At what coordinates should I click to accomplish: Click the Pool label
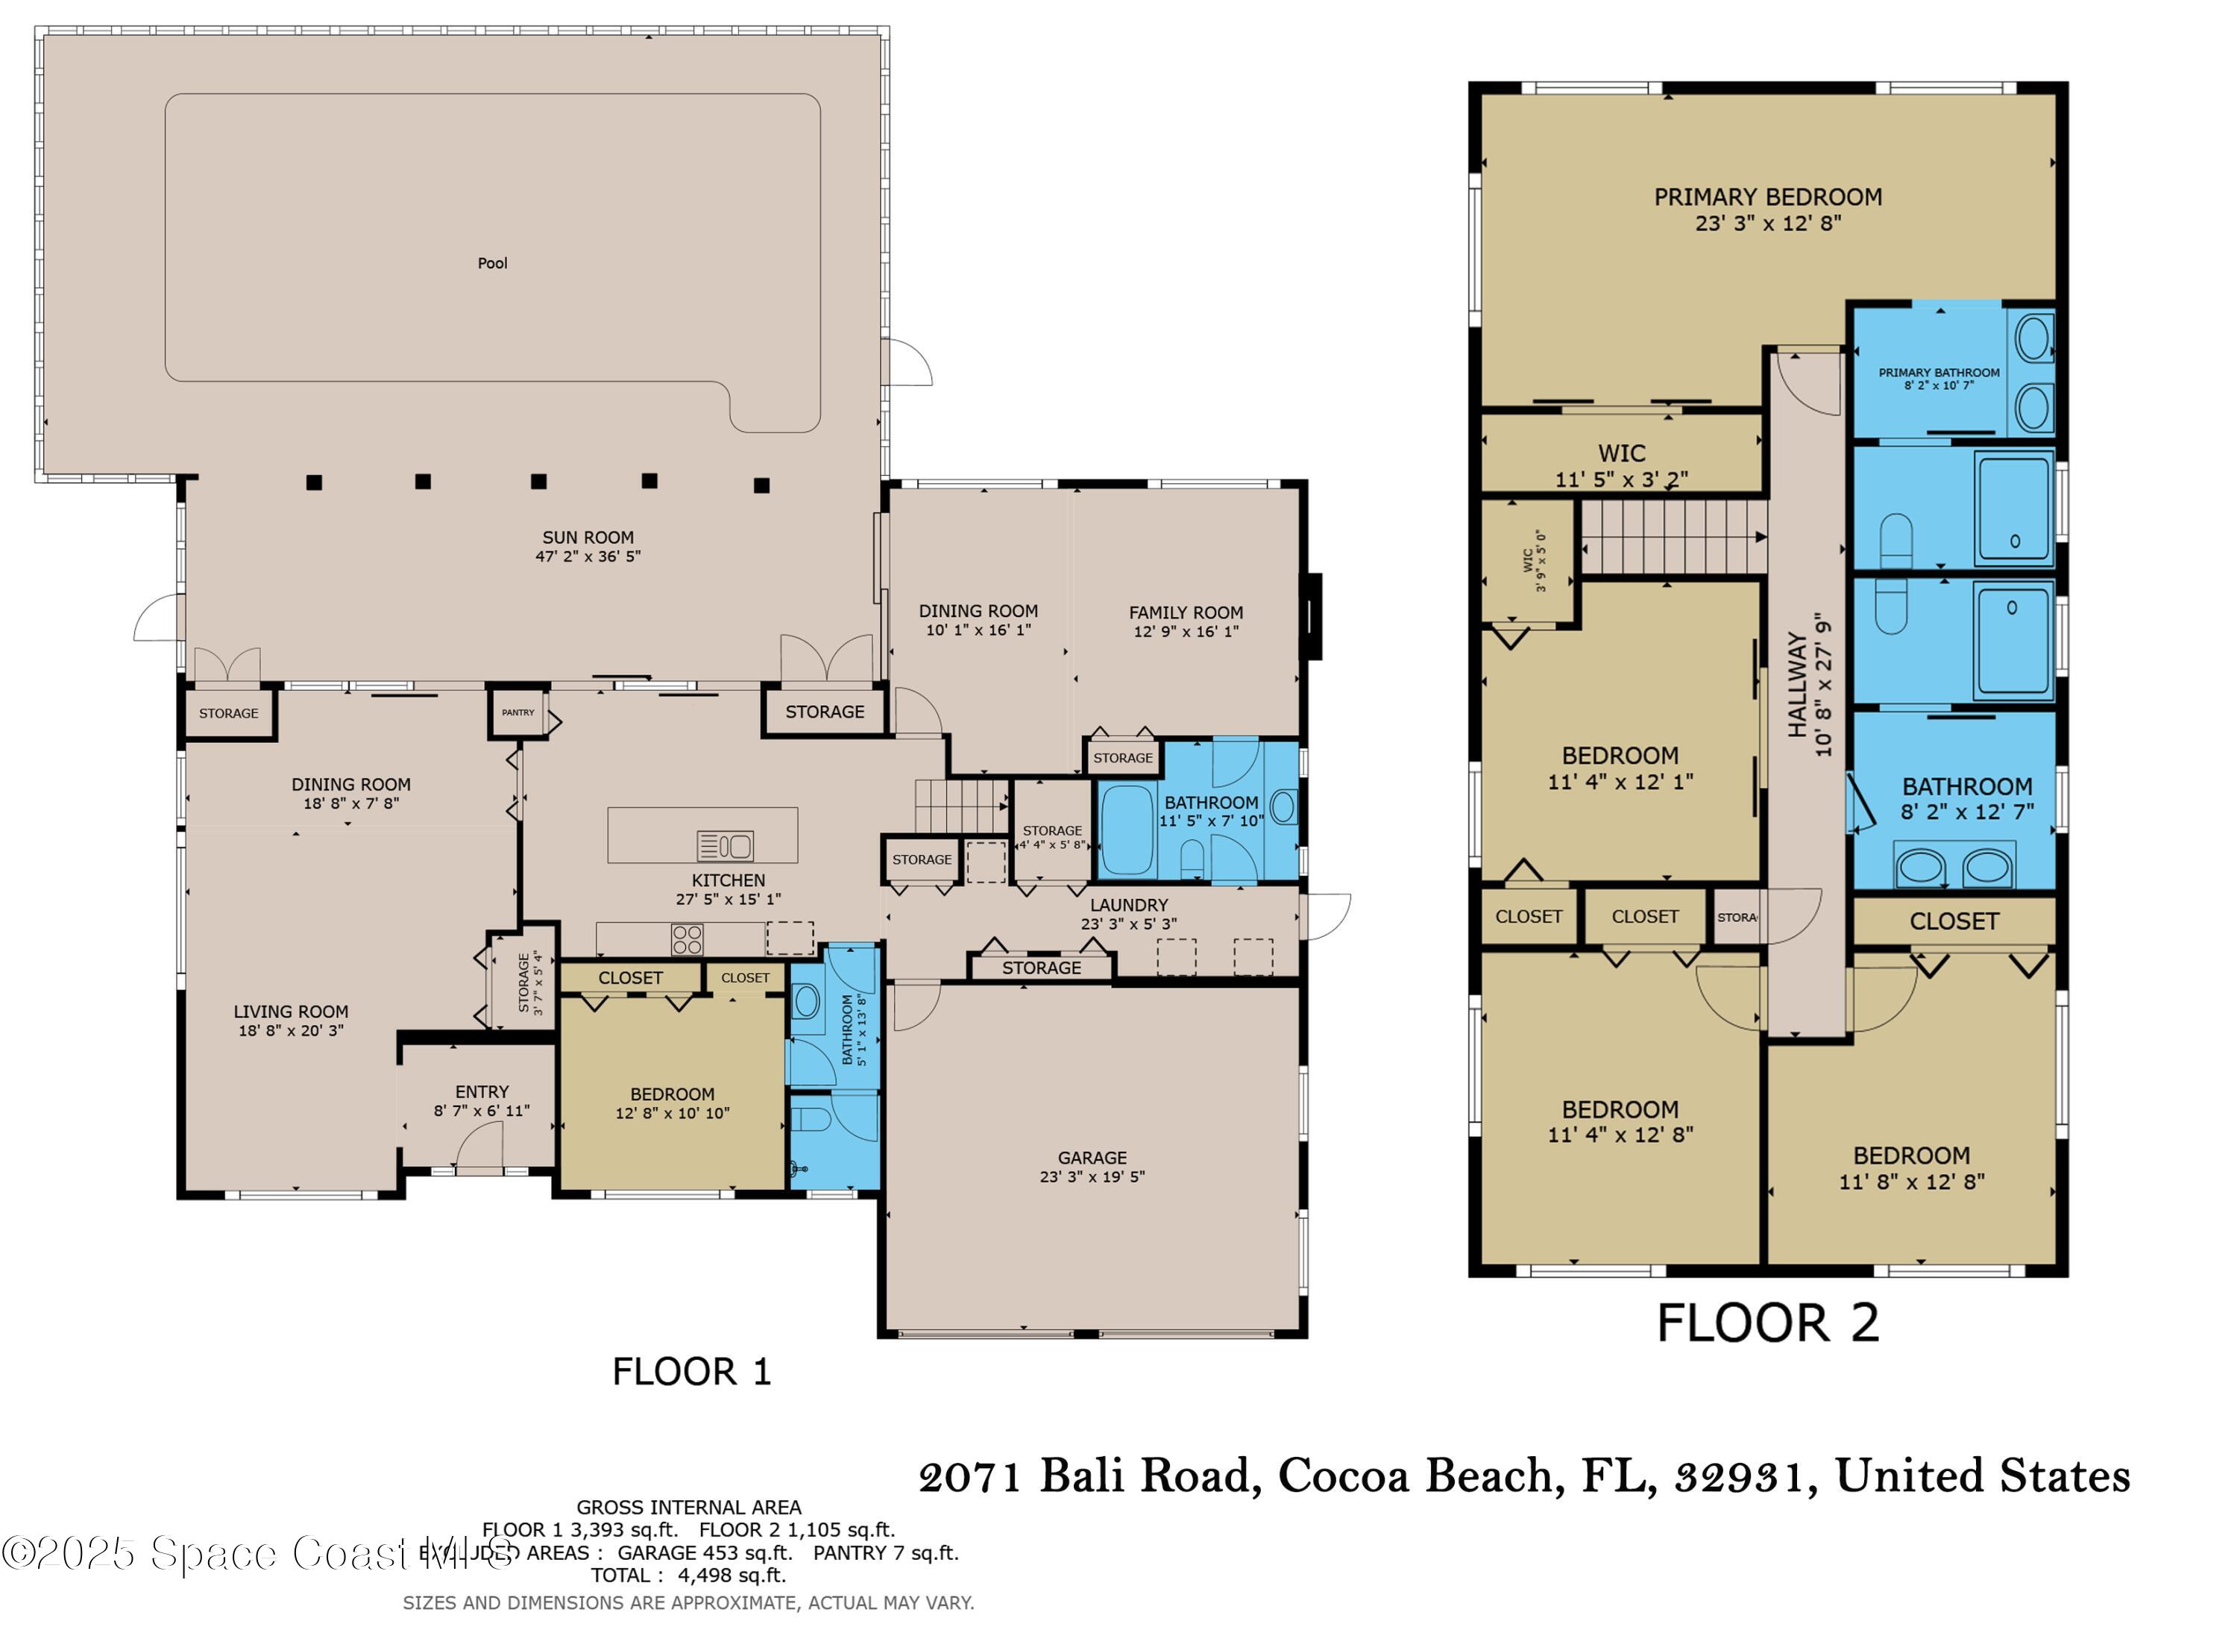click(x=492, y=263)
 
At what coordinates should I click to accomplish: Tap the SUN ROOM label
click(x=588, y=538)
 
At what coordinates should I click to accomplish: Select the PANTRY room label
click(x=517, y=712)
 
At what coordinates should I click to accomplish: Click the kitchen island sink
click(x=725, y=845)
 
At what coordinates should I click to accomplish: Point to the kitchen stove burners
click(x=688, y=938)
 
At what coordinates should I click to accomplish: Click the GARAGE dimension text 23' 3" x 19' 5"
click(x=1092, y=1176)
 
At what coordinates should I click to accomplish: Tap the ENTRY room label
click(x=482, y=1092)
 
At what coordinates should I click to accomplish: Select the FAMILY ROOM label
click(x=1186, y=612)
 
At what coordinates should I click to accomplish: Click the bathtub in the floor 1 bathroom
click(x=1127, y=830)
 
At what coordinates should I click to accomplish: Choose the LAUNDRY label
click(x=1128, y=905)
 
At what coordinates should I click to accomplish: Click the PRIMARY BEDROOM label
click(x=1767, y=198)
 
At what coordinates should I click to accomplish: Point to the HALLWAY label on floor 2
click(x=1797, y=685)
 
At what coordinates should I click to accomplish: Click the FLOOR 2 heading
click(x=1767, y=1323)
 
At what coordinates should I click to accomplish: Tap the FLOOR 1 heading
click(x=690, y=1371)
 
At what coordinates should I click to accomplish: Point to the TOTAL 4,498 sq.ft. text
click(x=688, y=1576)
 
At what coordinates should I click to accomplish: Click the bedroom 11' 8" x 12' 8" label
click(x=1910, y=1168)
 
